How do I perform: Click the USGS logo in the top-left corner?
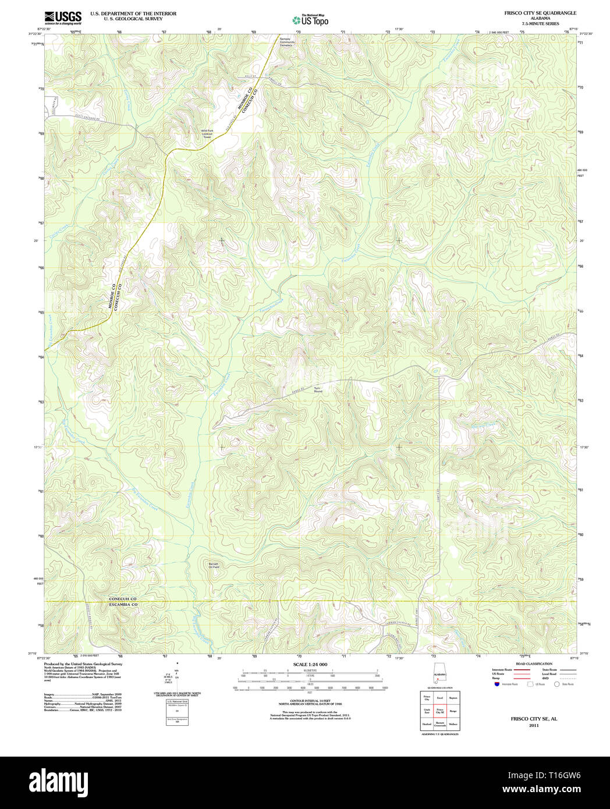(62, 18)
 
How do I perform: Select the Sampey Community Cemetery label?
(286, 42)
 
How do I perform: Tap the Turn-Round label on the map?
(318, 389)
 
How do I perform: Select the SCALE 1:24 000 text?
(310, 664)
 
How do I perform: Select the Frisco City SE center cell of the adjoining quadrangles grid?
(440, 711)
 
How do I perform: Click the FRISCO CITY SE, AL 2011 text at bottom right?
(534, 722)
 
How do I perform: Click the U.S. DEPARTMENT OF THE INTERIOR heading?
(133, 13)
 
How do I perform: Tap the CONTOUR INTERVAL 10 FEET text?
(310, 701)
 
